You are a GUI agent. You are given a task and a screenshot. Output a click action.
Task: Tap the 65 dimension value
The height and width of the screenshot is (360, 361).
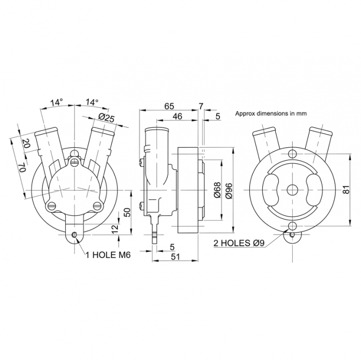coord(169,106)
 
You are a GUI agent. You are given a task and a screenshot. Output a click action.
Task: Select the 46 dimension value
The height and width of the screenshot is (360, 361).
coord(177,116)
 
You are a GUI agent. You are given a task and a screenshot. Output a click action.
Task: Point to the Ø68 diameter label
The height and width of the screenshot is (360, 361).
coord(217,190)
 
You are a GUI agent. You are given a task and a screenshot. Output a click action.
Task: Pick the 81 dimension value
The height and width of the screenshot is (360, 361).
coord(346,190)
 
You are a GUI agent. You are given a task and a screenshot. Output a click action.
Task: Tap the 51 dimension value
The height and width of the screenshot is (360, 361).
coord(175,256)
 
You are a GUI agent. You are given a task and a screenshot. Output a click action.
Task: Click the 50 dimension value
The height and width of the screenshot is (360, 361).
coord(127,212)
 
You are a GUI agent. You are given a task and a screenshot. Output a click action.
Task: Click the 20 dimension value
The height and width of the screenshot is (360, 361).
coord(27,144)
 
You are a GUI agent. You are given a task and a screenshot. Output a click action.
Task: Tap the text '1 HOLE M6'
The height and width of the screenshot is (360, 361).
coord(108,255)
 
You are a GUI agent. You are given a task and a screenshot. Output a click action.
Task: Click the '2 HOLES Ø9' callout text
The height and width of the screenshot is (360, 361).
coord(239,243)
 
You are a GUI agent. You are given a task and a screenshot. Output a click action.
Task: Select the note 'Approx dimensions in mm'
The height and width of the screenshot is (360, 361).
coord(271,113)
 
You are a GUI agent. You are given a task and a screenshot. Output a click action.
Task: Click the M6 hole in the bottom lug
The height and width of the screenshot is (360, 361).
coord(74,235)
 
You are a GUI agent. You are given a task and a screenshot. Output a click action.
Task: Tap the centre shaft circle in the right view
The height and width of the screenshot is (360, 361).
coord(292,190)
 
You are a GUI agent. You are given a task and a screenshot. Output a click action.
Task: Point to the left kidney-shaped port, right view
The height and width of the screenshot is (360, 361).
coord(271,190)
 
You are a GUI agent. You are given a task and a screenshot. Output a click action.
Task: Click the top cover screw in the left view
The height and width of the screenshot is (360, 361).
coord(74,162)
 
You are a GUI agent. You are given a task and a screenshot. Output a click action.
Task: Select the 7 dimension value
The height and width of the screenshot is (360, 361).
coord(201,106)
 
